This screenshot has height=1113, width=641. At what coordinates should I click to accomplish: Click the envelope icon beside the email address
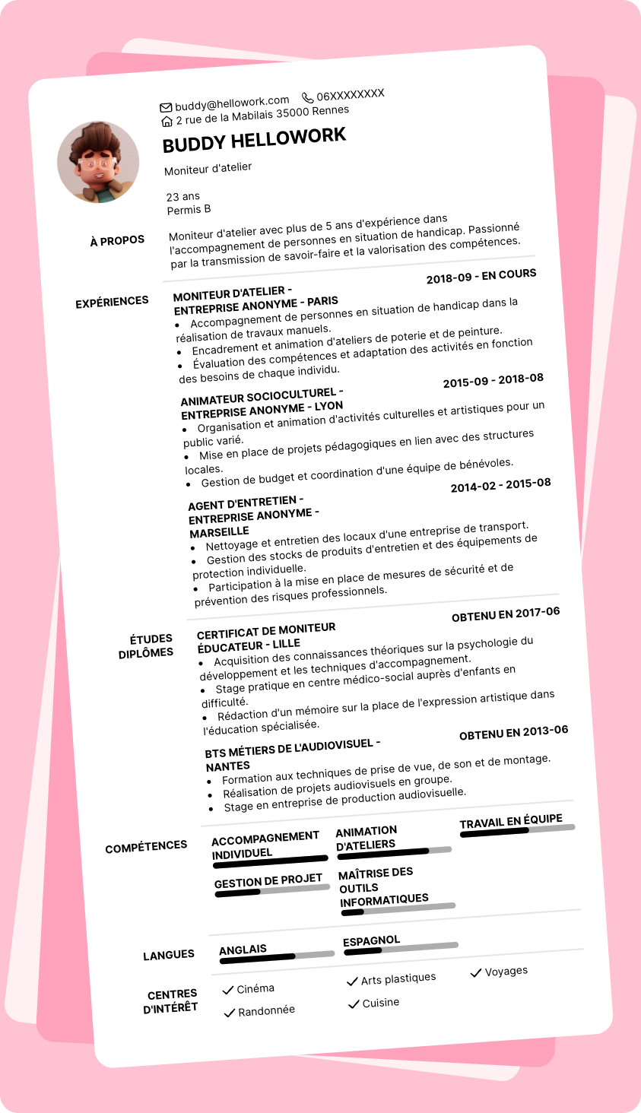click(166, 107)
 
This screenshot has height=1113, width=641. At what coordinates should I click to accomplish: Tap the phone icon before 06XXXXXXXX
click(307, 97)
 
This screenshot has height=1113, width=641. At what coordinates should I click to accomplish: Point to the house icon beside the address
click(167, 122)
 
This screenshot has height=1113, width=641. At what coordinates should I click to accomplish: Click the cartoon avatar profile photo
click(98, 162)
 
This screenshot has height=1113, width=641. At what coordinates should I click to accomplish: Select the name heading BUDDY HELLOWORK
click(254, 140)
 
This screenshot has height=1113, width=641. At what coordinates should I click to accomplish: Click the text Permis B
click(189, 210)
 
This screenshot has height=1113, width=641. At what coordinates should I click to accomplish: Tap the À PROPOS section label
click(117, 241)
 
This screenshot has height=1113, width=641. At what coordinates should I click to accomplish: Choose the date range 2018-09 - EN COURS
click(481, 276)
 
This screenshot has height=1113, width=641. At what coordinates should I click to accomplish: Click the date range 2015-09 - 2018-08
click(493, 380)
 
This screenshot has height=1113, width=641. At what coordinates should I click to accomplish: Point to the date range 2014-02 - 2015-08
click(500, 485)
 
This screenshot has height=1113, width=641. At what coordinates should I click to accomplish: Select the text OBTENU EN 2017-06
click(506, 614)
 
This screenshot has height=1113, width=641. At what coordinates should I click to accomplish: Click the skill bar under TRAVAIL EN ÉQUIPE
click(517, 830)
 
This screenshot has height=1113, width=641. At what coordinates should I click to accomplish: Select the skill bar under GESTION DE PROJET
click(272, 890)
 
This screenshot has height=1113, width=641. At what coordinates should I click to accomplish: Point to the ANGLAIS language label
click(243, 950)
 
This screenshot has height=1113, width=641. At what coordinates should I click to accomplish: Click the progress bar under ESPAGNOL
click(401, 948)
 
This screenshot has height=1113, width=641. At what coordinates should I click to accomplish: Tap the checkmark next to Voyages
click(476, 972)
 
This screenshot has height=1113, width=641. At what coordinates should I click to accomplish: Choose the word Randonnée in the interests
click(266, 1010)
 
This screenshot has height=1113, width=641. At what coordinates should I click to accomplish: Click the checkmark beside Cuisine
click(353, 1004)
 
